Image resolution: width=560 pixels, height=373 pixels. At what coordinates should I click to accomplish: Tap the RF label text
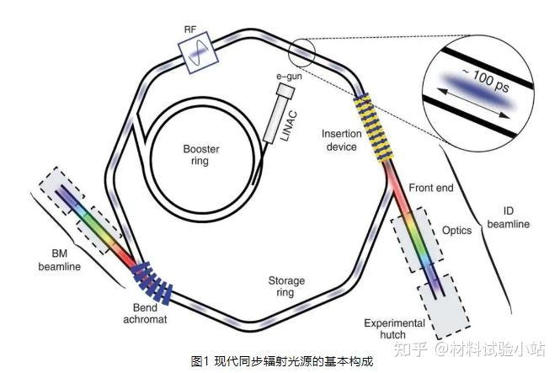[191, 29]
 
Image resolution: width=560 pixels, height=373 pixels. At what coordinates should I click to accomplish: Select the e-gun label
[288, 76]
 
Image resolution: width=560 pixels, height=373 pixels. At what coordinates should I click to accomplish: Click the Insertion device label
[342, 141]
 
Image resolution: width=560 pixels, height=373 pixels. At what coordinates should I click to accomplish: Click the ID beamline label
[509, 217]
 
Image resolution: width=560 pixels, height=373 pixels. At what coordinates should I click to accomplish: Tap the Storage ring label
[285, 286]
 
